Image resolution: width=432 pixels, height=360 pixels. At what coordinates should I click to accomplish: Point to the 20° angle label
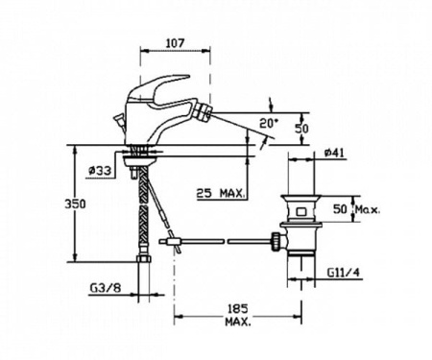click(x=269, y=122)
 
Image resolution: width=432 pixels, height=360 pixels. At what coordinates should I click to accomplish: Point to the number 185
click(x=239, y=309)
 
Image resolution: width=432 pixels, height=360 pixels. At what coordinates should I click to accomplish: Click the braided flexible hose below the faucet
click(x=145, y=206)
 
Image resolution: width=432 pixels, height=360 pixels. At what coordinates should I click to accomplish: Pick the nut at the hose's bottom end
click(x=145, y=260)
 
